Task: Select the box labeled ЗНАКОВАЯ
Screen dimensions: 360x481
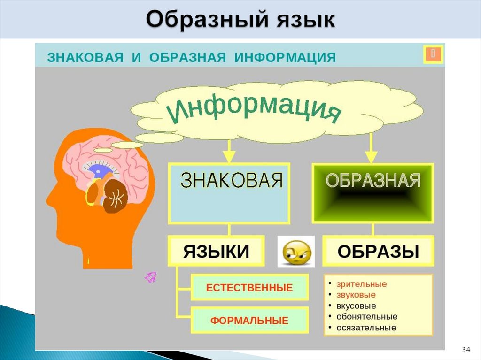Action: click(229, 193)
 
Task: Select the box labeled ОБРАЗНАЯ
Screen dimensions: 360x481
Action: click(372, 193)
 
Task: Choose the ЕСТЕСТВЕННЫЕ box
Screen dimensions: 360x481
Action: click(249, 287)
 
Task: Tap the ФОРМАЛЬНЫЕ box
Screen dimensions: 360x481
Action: click(249, 321)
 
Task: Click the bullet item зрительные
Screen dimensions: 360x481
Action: click(361, 284)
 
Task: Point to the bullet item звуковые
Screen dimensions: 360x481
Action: click(356, 295)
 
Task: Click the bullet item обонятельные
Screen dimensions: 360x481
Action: click(367, 316)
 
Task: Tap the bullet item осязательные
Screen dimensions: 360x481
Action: click(366, 328)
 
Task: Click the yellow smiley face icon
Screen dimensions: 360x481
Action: click(296, 252)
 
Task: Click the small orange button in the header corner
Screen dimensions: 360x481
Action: click(433, 54)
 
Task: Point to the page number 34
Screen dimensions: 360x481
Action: click(466, 349)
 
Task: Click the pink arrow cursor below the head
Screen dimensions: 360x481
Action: click(150, 277)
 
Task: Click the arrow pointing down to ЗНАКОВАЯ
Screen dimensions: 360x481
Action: click(229, 153)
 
